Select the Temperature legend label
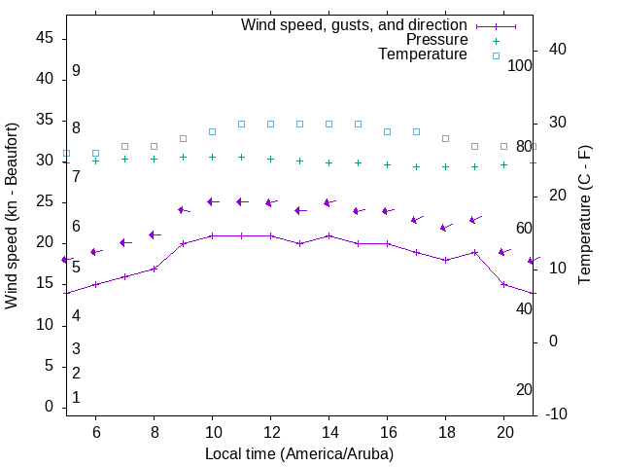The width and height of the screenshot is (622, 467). point(423,55)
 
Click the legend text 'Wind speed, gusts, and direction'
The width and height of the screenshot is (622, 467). point(354,24)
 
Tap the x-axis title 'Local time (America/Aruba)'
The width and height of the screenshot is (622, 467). point(299,454)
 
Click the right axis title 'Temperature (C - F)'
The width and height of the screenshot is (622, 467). point(584,216)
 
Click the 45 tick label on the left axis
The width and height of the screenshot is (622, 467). point(45,37)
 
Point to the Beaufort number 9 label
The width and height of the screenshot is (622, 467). point(76,71)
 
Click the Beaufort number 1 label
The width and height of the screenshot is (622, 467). point(76,397)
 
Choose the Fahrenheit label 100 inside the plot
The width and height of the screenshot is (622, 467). point(520,65)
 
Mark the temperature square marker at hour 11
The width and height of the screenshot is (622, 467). point(241,125)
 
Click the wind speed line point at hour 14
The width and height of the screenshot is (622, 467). point(328,235)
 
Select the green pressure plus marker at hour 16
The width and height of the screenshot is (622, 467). point(387,164)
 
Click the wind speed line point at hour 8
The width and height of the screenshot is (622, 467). point(154,269)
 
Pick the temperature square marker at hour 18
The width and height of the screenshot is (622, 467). point(445,139)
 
